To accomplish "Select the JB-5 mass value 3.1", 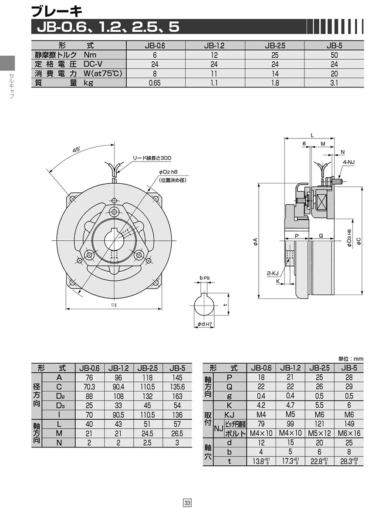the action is (334, 83).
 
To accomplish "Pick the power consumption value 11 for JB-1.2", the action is (214, 74).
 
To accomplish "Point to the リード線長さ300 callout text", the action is (152, 158).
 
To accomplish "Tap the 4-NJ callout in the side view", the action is (348, 162).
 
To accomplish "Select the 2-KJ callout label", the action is (273, 273).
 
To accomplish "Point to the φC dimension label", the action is (358, 241).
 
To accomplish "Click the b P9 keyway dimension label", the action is (205, 278).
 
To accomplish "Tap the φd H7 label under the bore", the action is (205, 324).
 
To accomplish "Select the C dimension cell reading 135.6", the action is (177, 387).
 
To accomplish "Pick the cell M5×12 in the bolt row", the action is (319, 433).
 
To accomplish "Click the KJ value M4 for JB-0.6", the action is (261, 415).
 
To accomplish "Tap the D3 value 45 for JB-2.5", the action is (148, 405).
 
